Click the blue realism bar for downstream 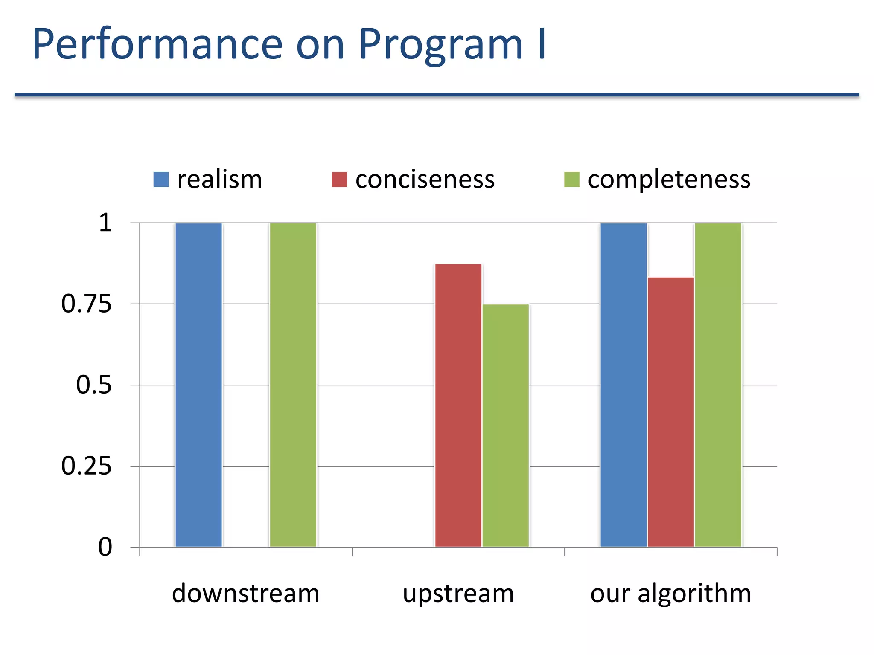pyautogui.click(x=198, y=385)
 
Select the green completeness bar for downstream pyautogui.click(x=293, y=385)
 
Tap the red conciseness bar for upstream pyautogui.click(x=458, y=405)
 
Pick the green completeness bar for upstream pyautogui.click(x=506, y=426)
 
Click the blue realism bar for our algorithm pyautogui.click(x=623, y=385)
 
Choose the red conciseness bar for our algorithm pyautogui.click(x=671, y=412)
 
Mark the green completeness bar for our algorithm pyautogui.click(x=718, y=385)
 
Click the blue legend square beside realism pyautogui.click(x=161, y=180)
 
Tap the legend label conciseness pyautogui.click(x=425, y=180)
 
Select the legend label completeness pyautogui.click(x=669, y=180)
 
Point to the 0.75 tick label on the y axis pyautogui.click(x=86, y=304)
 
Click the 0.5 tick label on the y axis pyautogui.click(x=93, y=385)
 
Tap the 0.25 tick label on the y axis pyautogui.click(x=86, y=466)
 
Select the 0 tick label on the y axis pyautogui.click(x=105, y=547)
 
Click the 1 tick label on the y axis pyautogui.click(x=105, y=223)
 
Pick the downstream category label pyautogui.click(x=245, y=593)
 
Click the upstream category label pyautogui.click(x=458, y=593)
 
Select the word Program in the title pyautogui.click(x=440, y=45)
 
